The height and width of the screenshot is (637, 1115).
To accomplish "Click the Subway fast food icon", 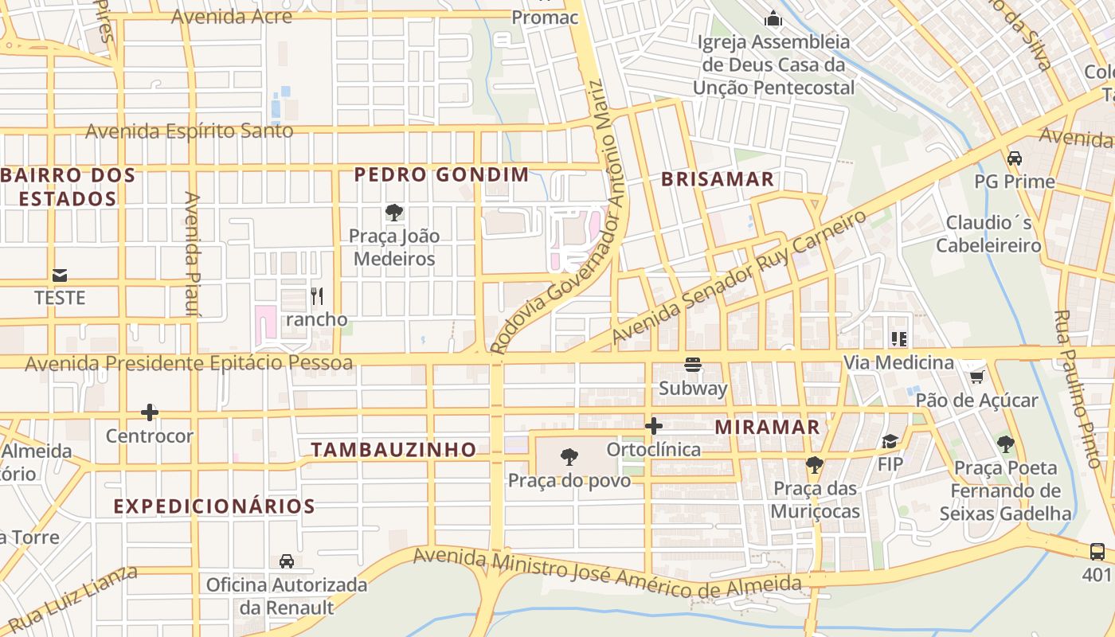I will (693, 365).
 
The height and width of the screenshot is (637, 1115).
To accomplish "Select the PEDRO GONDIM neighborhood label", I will (441, 174).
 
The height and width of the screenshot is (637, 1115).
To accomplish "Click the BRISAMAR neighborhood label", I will (718, 179).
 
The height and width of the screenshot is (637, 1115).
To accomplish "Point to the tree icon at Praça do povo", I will (569, 457).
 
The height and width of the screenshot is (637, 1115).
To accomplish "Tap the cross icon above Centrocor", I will (150, 412).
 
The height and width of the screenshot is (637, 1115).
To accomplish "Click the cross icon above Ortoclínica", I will (654, 426).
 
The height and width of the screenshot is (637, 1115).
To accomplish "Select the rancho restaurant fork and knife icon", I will (317, 296).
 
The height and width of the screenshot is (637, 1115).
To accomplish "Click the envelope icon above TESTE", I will (60, 276).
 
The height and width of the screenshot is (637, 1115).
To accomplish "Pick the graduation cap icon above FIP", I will (890, 441).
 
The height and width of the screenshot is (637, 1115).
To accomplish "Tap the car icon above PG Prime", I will (1014, 158).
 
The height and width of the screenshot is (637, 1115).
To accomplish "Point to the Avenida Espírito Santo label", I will (190, 131).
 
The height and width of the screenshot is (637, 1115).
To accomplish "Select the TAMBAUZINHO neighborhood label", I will (393, 450).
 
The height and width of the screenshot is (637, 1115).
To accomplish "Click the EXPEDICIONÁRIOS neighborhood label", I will (214, 506).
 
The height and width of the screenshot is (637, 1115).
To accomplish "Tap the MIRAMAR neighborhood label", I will (767, 427).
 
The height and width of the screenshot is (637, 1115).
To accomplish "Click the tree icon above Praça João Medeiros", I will (393, 213).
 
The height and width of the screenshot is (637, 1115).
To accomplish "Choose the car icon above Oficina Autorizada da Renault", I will (287, 561).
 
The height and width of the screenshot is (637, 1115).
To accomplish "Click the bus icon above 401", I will (1097, 551).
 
